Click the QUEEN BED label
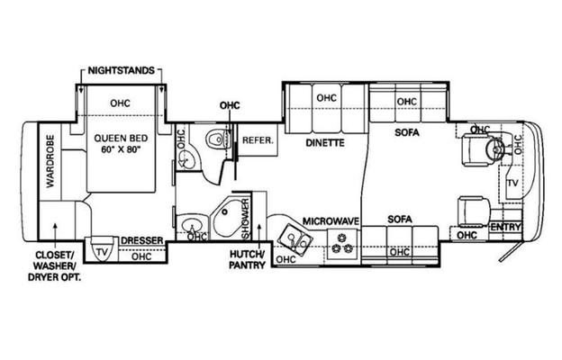pyautogui.click(x=121, y=138)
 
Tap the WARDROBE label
pyautogui.click(x=50, y=161)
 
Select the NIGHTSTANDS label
pyautogui.click(x=122, y=70)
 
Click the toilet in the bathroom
pyautogui.click(x=217, y=139)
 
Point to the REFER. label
pyautogui.click(x=258, y=140)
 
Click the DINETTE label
pyautogui.click(x=325, y=143)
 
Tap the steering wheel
pyautogui.click(x=495, y=148)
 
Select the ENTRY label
pyautogui.click(x=506, y=227)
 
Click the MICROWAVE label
pyautogui.click(x=331, y=221)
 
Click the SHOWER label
pyautogui.click(x=246, y=219)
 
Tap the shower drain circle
pyautogui.click(x=225, y=212)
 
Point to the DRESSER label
pyautogui.click(x=142, y=240)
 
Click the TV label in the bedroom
pyautogui.click(x=102, y=252)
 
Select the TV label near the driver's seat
pyautogui.click(x=512, y=183)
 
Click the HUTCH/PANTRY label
pyautogui.click(x=248, y=260)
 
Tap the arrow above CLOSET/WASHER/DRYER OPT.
pyautogui.click(x=55, y=235)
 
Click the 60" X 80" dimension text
pyautogui.click(x=120, y=149)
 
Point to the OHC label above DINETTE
pyautogui.click(x=327, y=98)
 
